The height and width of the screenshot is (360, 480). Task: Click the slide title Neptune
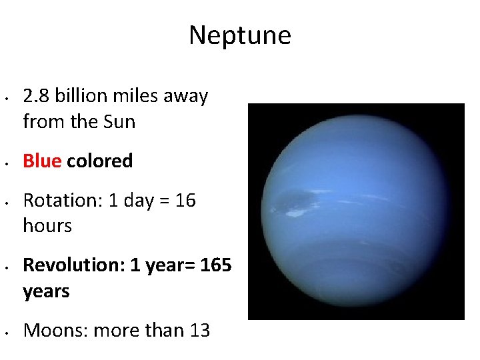(239, 35)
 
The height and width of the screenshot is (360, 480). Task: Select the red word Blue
(42, 161)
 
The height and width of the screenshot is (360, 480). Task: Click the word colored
(99, 161)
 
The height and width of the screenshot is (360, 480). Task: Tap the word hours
(47, 226)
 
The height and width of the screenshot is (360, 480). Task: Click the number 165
(215, 265)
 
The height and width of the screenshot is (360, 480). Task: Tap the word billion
(80, 97)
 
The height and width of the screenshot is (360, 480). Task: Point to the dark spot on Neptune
(293, 199)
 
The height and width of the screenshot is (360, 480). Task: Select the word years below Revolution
(46, 291)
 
